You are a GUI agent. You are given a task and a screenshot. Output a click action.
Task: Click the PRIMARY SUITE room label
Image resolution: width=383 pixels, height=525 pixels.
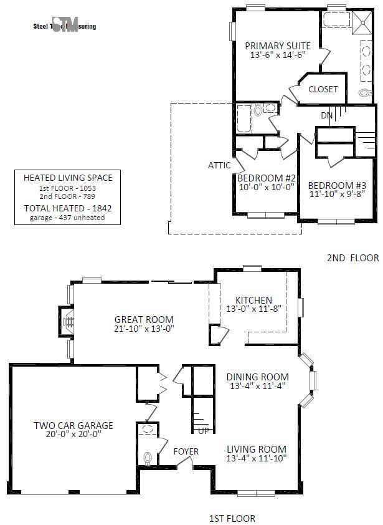(x=278, y=46)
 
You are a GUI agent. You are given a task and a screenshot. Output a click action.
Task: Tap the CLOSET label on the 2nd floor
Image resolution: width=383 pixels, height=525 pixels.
(x=323, y=89)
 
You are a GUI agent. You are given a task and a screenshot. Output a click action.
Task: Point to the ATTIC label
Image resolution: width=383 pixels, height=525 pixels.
(x=219, y=165)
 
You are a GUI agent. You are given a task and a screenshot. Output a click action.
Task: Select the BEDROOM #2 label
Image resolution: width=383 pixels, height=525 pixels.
(x=266, y=178)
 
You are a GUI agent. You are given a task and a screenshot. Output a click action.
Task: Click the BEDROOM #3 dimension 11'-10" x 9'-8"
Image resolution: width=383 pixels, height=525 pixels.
(x=337, y=194)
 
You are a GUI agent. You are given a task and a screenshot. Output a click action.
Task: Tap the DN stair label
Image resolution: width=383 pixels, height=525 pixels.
(x=326, y=115)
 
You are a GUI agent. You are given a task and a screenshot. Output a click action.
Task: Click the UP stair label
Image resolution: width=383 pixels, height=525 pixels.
(x=203, y=431)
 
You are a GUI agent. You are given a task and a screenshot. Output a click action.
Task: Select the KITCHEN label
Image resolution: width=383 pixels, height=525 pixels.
(x=248, y=300)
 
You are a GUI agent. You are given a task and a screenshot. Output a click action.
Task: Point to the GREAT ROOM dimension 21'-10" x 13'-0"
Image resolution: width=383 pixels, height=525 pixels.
(x=143, y=329)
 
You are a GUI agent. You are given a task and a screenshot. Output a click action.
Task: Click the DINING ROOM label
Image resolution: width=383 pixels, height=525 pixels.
(x=257, y=377)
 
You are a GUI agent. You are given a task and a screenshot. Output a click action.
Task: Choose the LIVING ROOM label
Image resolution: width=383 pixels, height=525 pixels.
(x=257, y=449)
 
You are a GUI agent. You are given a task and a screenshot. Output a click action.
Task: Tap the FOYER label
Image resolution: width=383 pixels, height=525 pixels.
(x=186, y=451)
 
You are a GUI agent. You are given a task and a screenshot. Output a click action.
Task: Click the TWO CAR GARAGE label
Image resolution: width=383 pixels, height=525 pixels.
(x=73, y=426)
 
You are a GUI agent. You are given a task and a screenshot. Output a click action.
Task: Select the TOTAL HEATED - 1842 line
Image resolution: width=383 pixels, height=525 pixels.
(x=68, y=208)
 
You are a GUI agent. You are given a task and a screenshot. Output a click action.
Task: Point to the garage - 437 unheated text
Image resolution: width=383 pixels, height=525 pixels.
(x=67, y=218)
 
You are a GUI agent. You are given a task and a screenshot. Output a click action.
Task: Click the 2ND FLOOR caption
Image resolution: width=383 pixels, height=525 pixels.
(x=352, y=257)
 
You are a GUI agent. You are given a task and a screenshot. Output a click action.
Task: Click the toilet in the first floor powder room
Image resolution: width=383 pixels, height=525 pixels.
(x=148, y=459)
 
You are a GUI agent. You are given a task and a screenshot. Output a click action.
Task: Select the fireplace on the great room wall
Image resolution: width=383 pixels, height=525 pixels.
(x=69, y=322)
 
